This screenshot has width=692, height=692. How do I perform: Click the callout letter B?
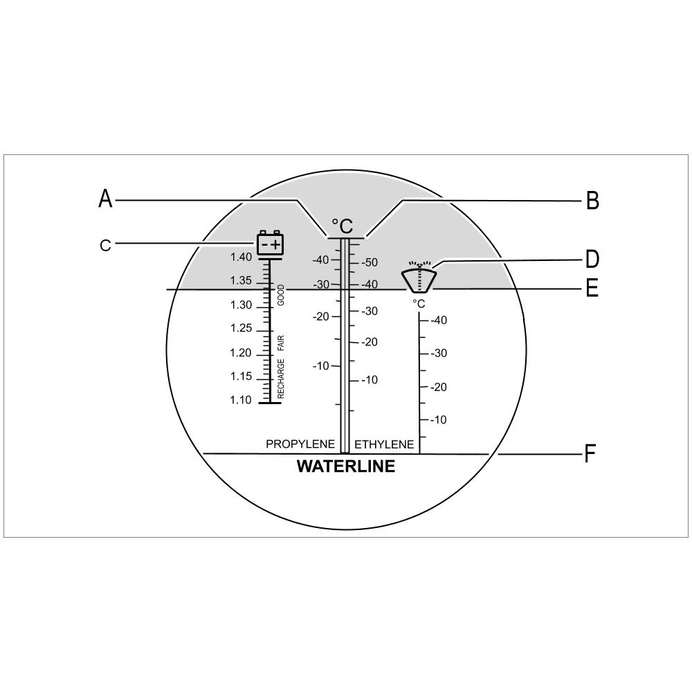pos(592,201)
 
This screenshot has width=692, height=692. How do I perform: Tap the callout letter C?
pos(105,246)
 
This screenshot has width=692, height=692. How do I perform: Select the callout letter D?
pos(592,259)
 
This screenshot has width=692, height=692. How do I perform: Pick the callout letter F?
pos(590,453)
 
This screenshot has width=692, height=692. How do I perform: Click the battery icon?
pos(270,243)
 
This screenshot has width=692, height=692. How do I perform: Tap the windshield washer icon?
pos(419,277)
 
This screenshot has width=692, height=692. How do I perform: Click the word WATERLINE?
pos(346,466)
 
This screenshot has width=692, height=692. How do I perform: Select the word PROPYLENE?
pos(300,444)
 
